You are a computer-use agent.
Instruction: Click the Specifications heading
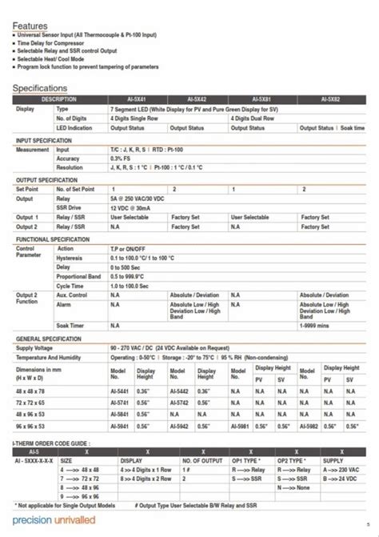click(40, 87)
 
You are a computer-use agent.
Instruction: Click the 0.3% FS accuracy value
click(122, 158)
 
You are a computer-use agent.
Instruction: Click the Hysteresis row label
click(70, 258)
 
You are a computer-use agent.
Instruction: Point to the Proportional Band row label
click(78, 276)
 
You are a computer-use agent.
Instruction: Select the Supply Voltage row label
click(38, 348)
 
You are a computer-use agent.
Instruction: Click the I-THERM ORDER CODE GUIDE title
click(53, 442)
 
